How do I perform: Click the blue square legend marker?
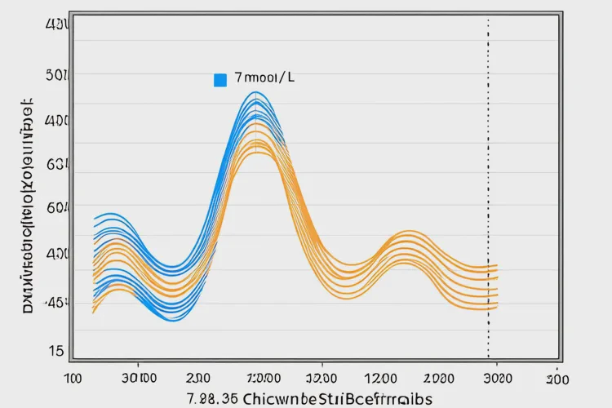[x=220, y=80]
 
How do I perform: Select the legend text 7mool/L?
[x=263, y=79]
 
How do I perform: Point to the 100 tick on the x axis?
[x=73, y=379]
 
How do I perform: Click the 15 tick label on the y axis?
[x=55, y=352]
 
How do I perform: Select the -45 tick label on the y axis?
[x=55, y=303]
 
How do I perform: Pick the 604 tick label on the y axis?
[x=55, y=208]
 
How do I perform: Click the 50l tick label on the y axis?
[x=55, y=76]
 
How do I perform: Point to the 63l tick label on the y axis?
[x=55, y=164]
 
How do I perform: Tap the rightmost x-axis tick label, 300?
[x=557, y=379]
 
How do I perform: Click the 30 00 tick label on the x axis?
[x=140, y=379]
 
